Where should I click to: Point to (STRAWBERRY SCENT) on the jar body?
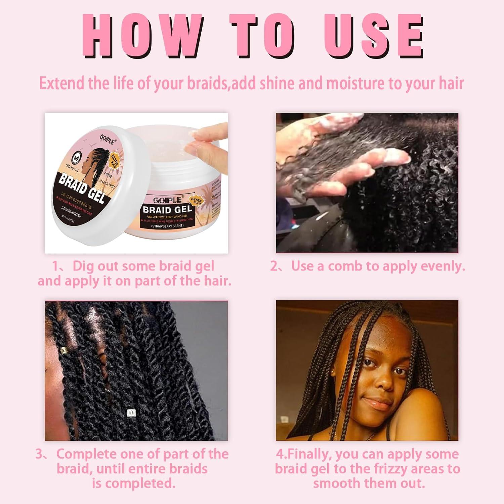pyautogui.click(x=167, y=226)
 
